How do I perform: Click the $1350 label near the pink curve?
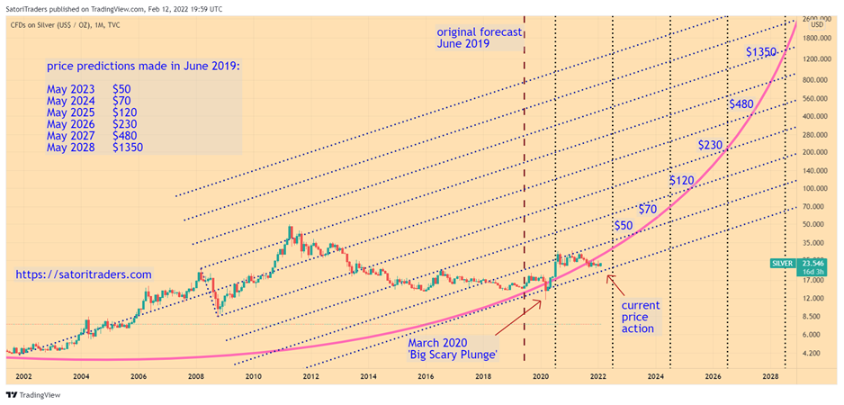(x=761, y=52)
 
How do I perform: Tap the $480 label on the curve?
(x=741, y=104)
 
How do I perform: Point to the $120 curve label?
(x=682, y=181)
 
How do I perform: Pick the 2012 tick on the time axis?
(x=310, y=375)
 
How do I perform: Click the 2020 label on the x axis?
(x=541, y=375)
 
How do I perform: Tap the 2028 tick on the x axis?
(x=770, y=375)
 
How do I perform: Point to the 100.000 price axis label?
(x=816, y=188)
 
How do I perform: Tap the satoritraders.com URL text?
(x=85, y=274)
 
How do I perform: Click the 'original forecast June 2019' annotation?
(x=479, y=37)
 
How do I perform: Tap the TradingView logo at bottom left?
(x=30, y=394)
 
